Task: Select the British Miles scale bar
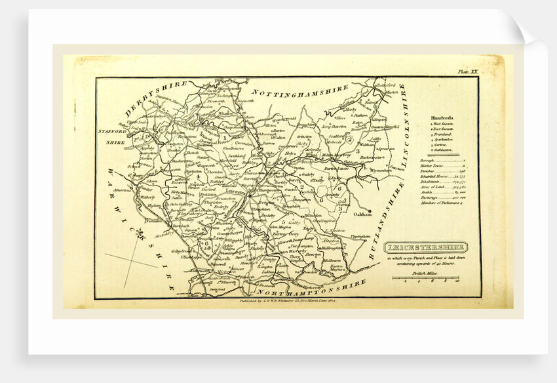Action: (425, 279)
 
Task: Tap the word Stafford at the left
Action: (115, 132)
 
